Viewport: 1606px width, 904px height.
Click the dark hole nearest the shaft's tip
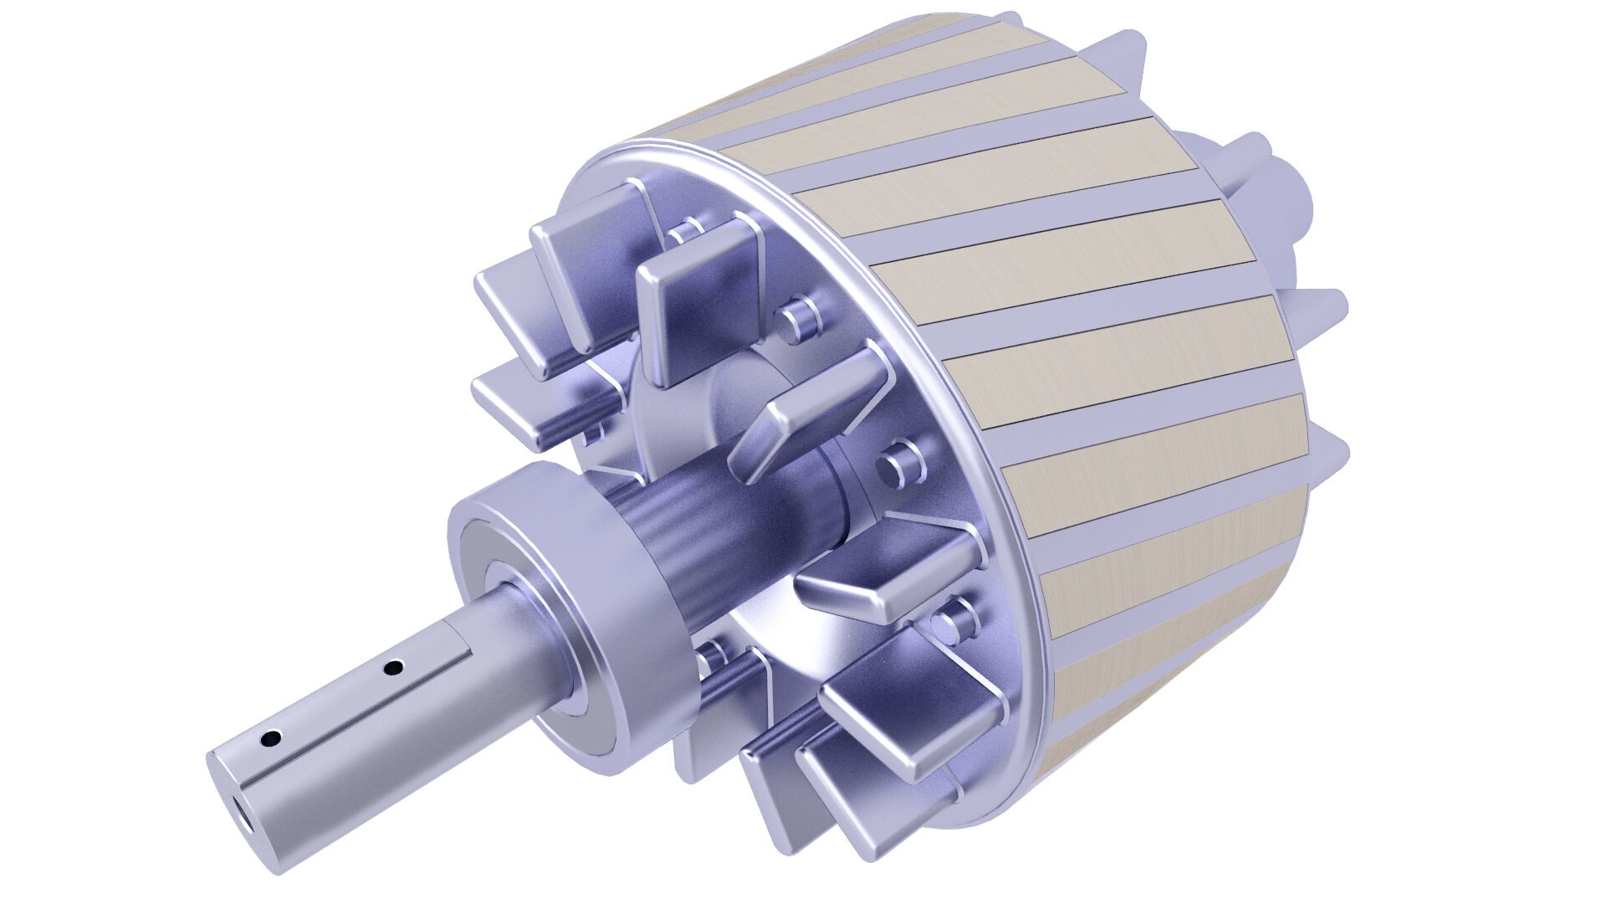(271, 739)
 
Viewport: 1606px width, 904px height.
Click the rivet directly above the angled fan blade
(799, 318)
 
